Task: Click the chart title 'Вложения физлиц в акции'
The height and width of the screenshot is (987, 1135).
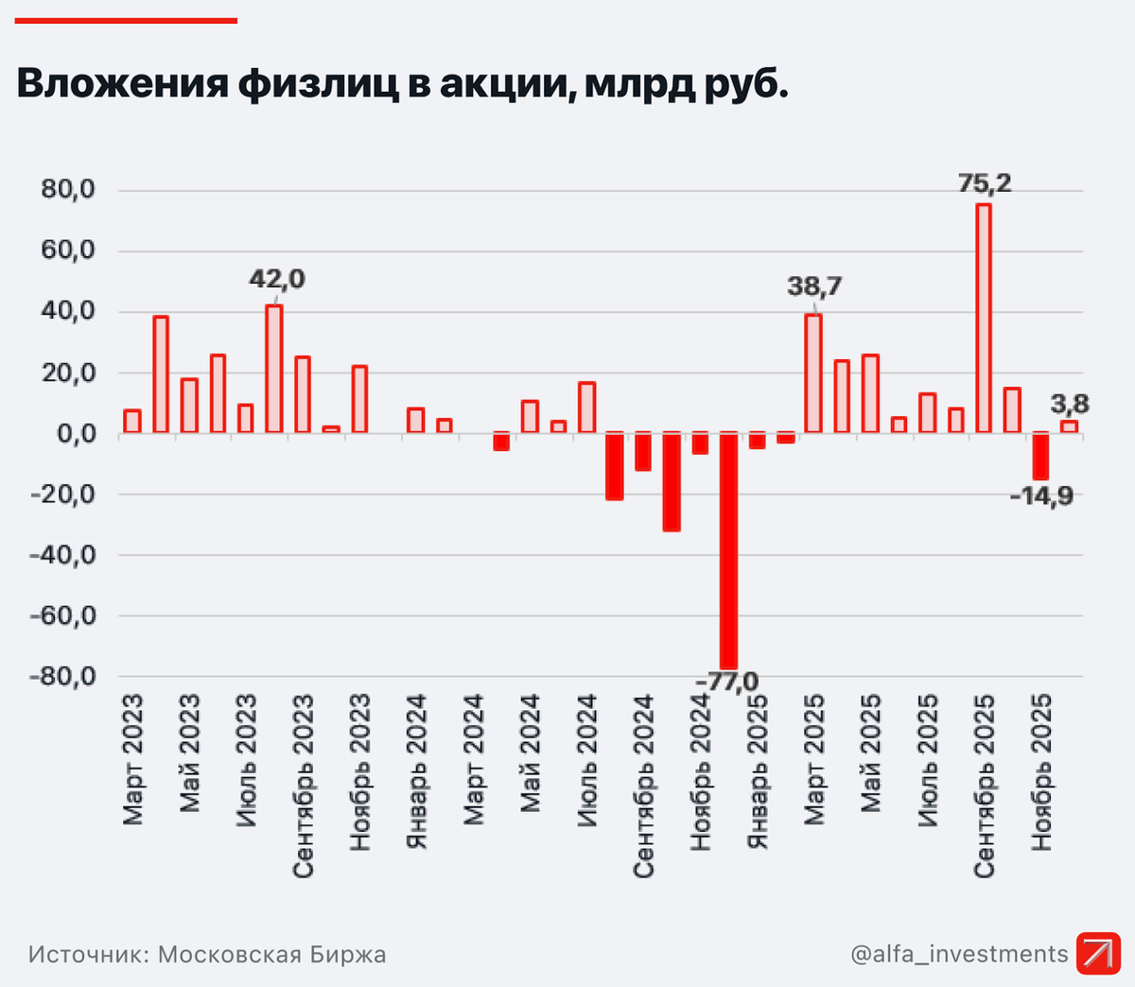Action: (402, 84)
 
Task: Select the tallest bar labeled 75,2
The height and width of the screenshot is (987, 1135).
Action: (984, 318)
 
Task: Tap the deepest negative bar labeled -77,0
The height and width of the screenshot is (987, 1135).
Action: (728, 550)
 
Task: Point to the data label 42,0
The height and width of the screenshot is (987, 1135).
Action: (277, 280)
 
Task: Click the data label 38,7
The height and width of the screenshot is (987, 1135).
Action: (814, 286)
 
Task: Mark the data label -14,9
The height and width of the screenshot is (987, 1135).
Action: (1042, 495)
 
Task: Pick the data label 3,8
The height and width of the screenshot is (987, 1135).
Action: (1070, 405)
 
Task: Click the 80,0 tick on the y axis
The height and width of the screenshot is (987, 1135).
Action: (68, 190)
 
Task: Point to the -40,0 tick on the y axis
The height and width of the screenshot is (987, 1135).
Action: (62, 555)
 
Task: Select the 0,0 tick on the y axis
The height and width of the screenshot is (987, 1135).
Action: (76, 434)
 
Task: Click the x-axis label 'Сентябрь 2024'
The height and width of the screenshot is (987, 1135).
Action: (644, 785)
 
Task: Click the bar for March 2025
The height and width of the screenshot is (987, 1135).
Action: (813, 373)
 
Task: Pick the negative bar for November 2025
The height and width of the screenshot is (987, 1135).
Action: (1040, 456)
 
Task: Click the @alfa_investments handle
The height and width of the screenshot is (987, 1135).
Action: (959, 954)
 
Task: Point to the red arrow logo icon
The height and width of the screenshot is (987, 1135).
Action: (1097, 953)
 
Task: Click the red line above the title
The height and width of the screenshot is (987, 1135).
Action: (126, 20)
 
